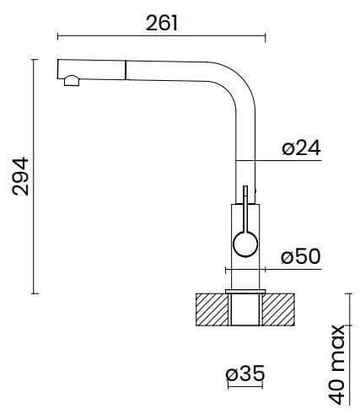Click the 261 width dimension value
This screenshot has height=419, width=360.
[161, 23]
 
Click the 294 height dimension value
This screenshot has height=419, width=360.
[20, 175]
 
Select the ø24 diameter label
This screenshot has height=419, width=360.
[301, 149]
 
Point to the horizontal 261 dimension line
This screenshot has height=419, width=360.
[161, 36]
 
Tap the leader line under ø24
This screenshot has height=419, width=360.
[278, 161]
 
